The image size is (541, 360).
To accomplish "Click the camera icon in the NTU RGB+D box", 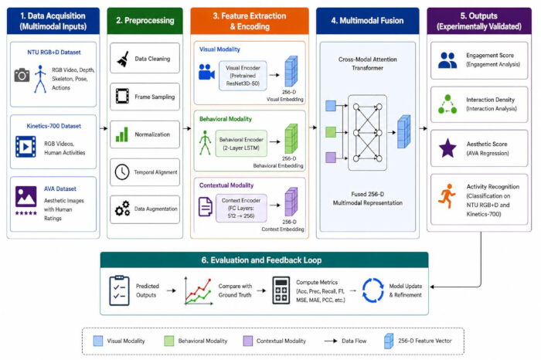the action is click(22, 75).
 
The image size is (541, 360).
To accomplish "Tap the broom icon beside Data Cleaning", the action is click(123, 59).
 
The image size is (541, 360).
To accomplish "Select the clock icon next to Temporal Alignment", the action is click(122, 172).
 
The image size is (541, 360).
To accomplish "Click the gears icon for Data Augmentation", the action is click(122, 209).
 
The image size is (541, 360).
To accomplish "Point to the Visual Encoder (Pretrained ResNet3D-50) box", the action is click(243, 76).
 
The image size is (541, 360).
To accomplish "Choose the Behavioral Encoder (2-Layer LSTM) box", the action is click(241, 144).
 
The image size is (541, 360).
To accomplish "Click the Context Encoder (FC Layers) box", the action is click(241, 208).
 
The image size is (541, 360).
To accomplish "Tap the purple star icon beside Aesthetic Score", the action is click(447, 148).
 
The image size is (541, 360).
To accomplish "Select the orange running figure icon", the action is click(447, 196).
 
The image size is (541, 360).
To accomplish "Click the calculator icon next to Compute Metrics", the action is click(281, 290).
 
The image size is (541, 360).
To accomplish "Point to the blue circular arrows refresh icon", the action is click(373, 290).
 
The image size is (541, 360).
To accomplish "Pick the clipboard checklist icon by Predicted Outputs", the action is click(119, 290).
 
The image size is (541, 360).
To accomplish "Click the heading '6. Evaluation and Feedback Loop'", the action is click(261, 260).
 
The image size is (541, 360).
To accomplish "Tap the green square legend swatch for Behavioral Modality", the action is click(169, 341).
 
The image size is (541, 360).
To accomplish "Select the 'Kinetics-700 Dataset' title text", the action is click(54, 126).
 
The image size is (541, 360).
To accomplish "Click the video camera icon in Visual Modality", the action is click(206, 72).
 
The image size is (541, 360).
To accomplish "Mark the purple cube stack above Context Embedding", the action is click(291, 202).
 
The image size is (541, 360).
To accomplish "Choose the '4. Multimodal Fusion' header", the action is click(367, 21).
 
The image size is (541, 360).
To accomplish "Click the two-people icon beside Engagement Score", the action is click(447, 60).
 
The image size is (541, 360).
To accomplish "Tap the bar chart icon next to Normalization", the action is click(122, 134).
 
